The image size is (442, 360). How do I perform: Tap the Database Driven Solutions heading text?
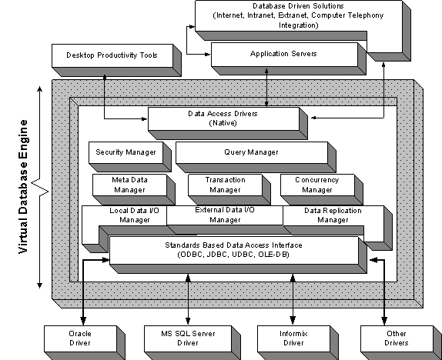pyautogui.click(x=298, y=6)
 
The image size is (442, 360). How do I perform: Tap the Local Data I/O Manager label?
pyautogui.click(x=135, y=215)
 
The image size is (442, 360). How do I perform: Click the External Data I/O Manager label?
pyautogui.click(x=225, y=215)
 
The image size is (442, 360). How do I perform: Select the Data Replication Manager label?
pyautogui.click(x=333, y=215)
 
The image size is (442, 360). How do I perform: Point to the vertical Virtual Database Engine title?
pyautogui.click(x=23, y=187)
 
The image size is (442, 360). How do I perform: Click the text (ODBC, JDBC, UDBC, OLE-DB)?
pyautogui.click(x=233, y=255)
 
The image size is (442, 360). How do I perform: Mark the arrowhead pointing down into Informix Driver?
pyautogui.click(x=293, y=320)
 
